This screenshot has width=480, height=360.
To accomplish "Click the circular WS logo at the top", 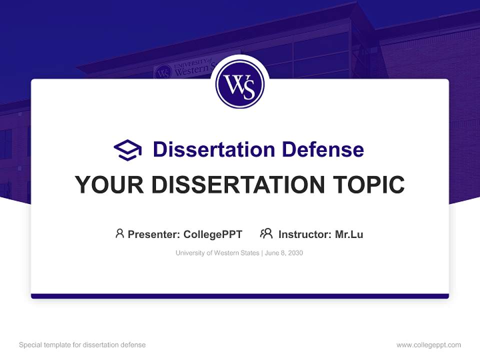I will click(240, 84).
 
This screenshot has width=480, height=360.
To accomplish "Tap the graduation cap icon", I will click(127, 149).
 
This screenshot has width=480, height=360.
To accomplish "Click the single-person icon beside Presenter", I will click(119, 233).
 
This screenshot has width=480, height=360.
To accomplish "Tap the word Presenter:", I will click(153, 234).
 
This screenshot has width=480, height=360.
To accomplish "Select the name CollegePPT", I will click(213, 234).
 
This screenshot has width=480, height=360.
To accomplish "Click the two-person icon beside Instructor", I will click(266, 233).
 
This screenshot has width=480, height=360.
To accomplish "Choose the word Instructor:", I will click(304, 234).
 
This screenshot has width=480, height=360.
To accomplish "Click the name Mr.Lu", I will click(349, 234).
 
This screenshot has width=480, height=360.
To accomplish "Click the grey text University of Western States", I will click(217, 253).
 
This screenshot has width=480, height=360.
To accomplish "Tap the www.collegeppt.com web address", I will click(428, 345).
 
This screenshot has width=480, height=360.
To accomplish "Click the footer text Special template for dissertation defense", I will click(82, 345).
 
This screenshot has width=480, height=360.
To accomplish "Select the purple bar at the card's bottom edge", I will click(240, 296).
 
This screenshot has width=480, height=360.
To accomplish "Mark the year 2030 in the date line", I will click(295, 253).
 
